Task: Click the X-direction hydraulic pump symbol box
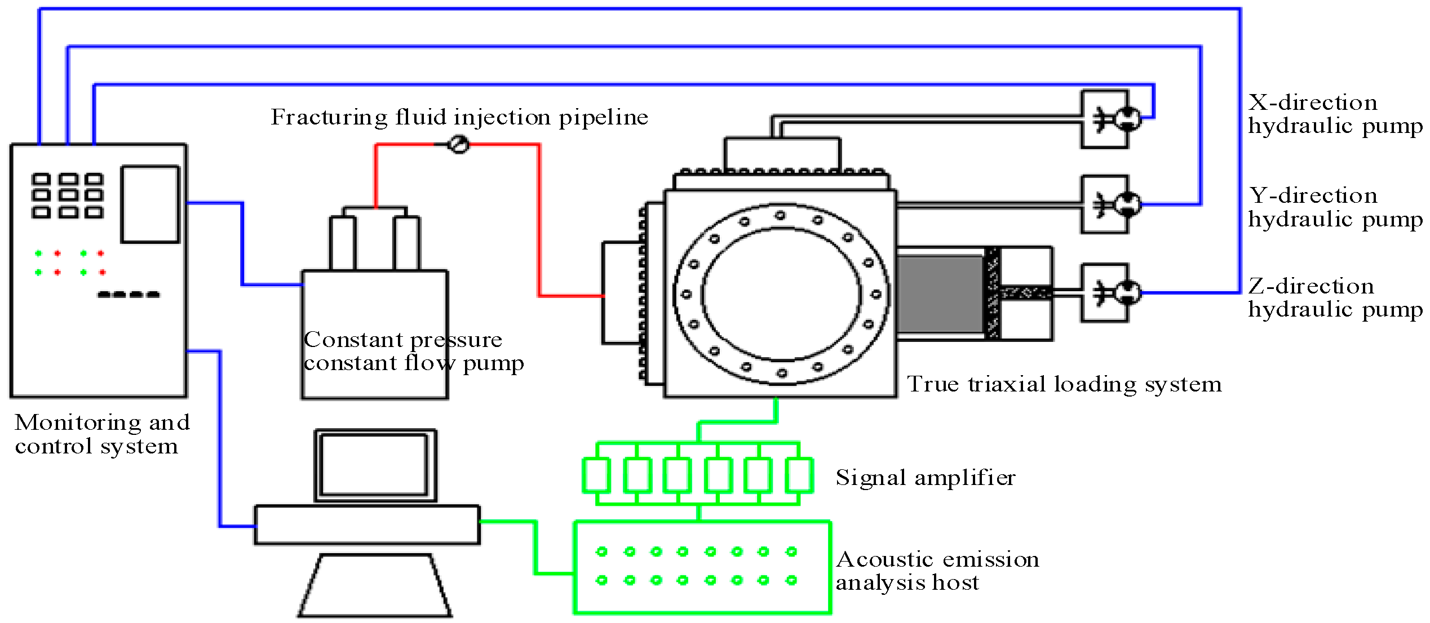[1105, 119]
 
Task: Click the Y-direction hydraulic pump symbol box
[1105, 204]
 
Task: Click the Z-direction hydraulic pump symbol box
[1105, 292]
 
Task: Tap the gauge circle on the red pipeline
[458, 145]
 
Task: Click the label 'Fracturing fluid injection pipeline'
[459, 117]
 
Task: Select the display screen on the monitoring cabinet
[150, 204]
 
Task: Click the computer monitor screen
[374, 465]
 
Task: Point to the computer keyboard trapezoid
[375, 586]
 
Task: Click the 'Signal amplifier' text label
[925, 478]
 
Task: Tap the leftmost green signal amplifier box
[596, 475]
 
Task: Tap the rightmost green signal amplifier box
[799, 475]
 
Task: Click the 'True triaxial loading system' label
[1064, 384]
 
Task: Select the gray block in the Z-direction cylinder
[940, 293]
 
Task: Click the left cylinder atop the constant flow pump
[343, 243]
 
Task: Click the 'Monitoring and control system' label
[101, 434]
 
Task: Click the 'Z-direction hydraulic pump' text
[1335, 298]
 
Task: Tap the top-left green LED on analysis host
[601, 551]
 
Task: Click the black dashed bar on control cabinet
[129, 294]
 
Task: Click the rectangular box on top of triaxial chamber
[782, 153]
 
